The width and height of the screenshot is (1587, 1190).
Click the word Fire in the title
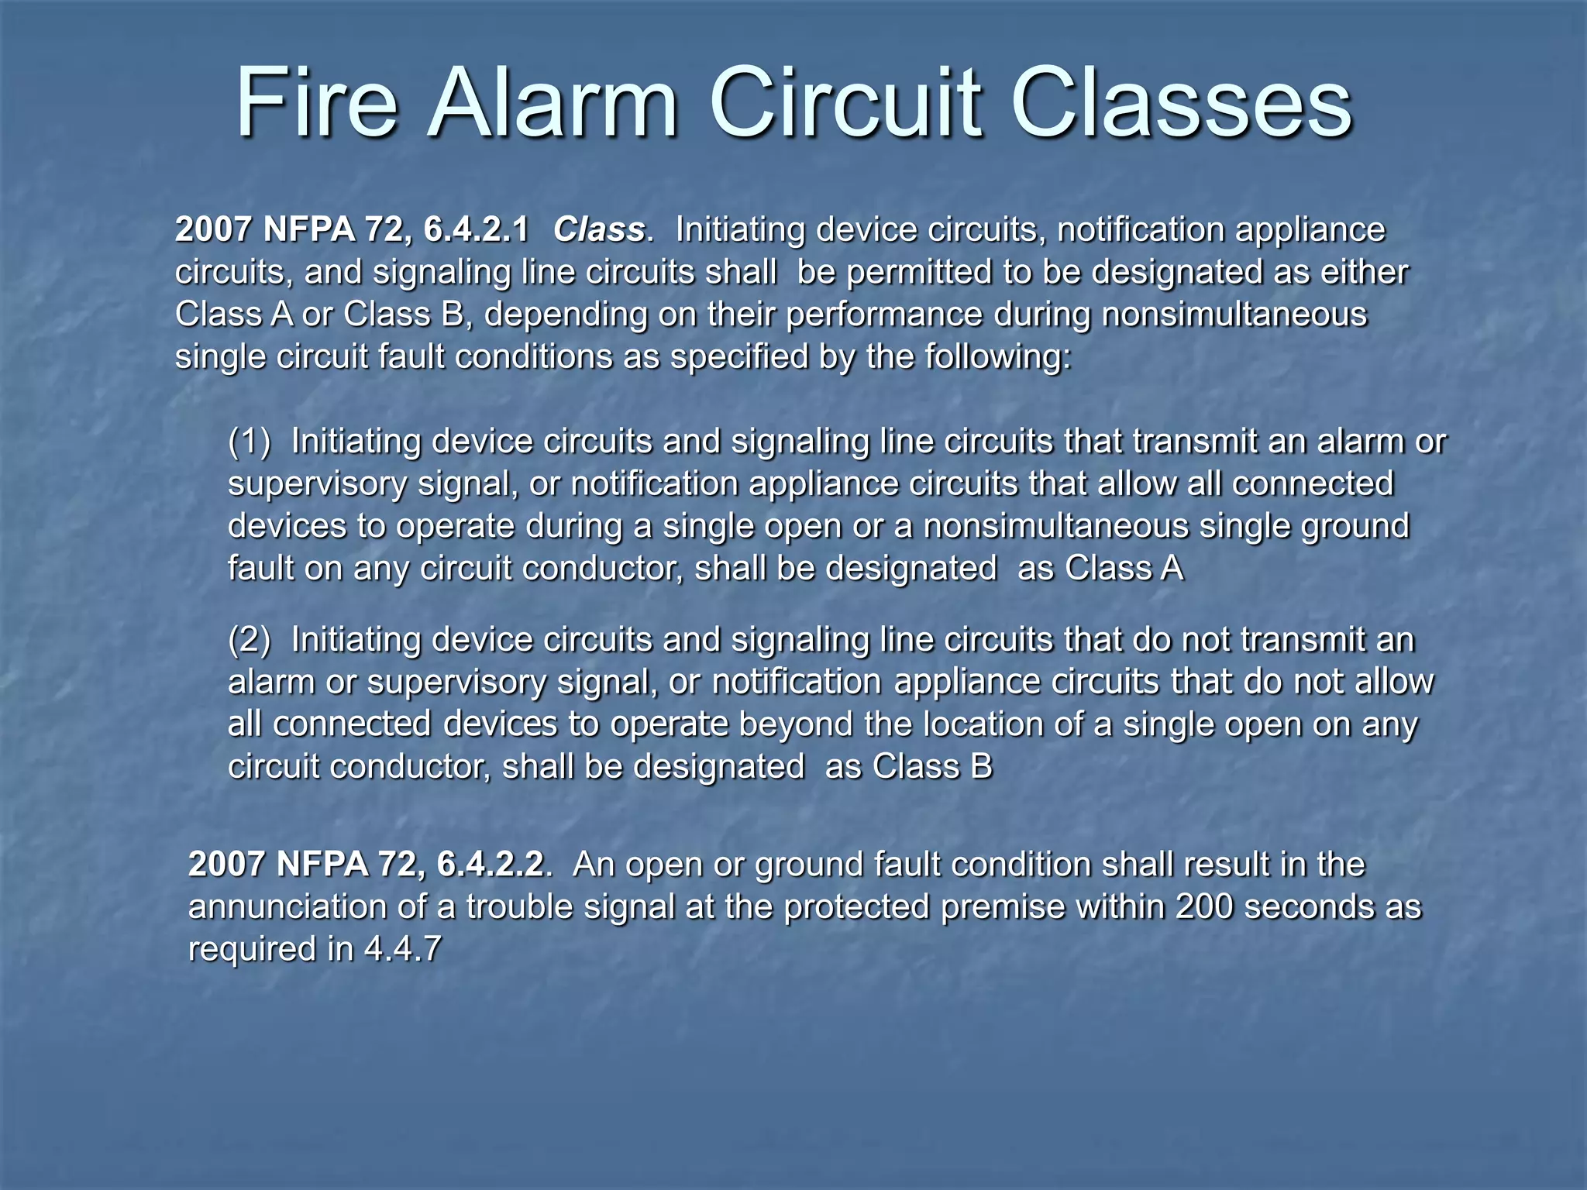click(316, 104)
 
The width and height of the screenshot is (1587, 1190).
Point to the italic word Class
click(598, 229)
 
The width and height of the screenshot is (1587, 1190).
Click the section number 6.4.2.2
click(490, 864)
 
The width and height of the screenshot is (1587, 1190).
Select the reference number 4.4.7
click(402, 949)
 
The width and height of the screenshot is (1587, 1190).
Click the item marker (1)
click(250, 442)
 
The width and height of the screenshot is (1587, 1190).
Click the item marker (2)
click(250, 640)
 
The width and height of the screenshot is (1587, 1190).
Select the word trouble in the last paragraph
click(518, 906)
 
